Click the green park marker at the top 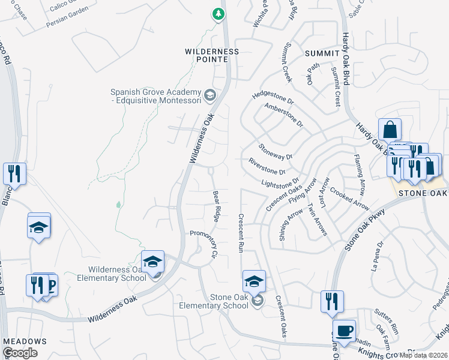[218, 13]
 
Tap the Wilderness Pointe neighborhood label [211, 55]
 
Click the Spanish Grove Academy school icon [209, 95]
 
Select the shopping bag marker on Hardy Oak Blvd [390, 130]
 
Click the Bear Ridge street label [218, 205]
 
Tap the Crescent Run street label [241, 233]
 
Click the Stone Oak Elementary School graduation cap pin [254, 281]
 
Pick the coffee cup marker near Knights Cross [344, 331]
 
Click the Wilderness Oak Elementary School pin [153, 262]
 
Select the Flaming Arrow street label [360, 175]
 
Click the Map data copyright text [423, 355]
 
